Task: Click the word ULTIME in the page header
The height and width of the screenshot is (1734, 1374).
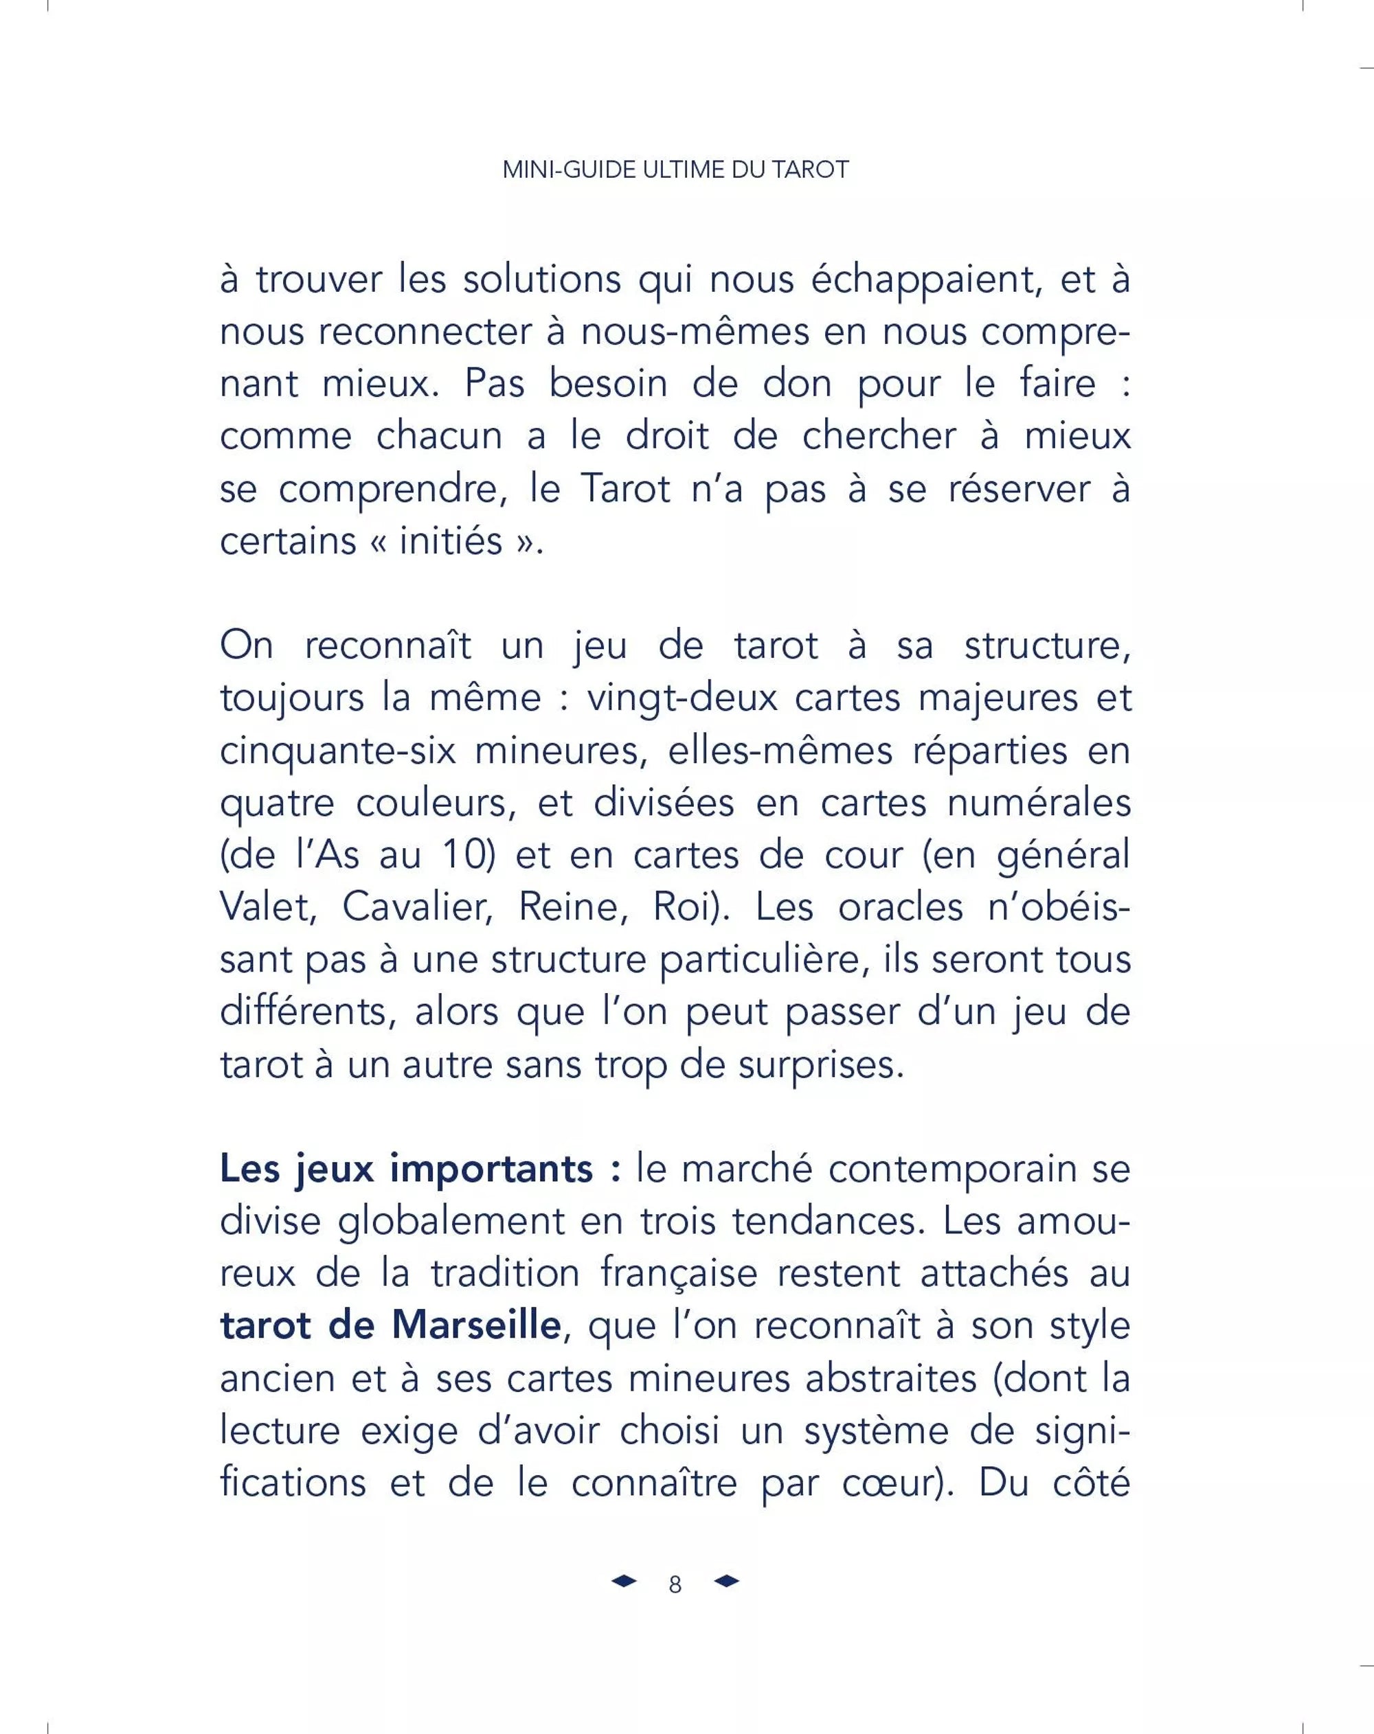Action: (x=686, y=170)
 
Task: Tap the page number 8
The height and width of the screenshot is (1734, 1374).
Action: (x=675, y=1584)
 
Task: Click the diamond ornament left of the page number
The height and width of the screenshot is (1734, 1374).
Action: (x=623, y=1581)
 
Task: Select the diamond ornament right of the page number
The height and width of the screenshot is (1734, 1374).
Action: (x=726, y=1581)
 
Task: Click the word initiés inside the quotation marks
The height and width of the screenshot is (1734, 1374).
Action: (x=451, y=540)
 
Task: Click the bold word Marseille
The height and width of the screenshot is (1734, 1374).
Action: (x=475, y=1325)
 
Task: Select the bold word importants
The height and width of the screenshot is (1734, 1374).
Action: (x=491, y=1169)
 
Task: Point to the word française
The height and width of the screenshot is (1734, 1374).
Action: (x=679, y=1273)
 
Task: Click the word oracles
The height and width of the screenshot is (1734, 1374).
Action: (x=900, y=907)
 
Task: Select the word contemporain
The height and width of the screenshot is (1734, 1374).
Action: (x=952, y=1169)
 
